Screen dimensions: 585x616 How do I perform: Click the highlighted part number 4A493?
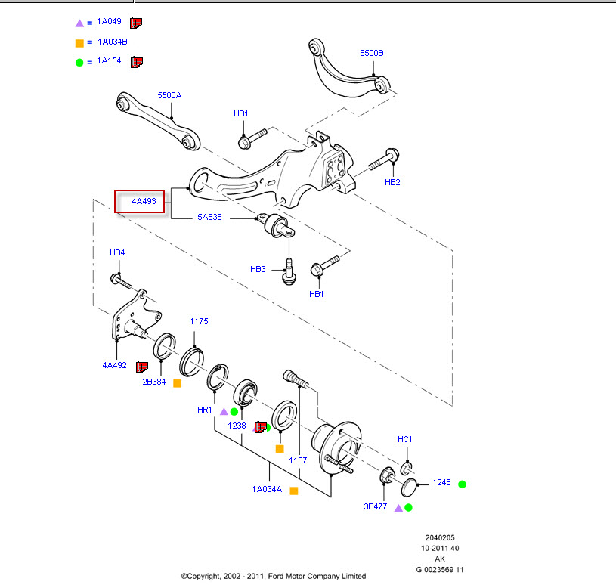pos(144,202)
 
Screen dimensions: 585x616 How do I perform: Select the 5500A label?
pos(169,96)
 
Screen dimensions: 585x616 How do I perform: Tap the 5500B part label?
pos(372,53)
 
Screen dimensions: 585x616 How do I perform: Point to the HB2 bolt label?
pos(392,182)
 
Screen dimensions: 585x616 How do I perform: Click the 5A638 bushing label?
pos(209,218)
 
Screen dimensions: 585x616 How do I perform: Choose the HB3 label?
pos(258,269)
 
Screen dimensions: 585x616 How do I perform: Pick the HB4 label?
pos(117,252)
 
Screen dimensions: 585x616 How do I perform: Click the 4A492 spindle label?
pos(114,365)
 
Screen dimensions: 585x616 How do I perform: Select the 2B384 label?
pos(154,382)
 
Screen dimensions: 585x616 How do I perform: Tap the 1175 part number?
pos(198,321)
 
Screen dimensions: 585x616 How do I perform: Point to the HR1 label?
pos(205,410)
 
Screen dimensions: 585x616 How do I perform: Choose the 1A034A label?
pos(267,490)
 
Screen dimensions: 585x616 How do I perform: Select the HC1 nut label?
pos(405,439)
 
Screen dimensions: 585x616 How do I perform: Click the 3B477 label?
pos(375,506)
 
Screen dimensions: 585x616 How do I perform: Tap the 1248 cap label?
pos(441,482)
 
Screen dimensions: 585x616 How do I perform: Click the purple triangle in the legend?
pos(79,23)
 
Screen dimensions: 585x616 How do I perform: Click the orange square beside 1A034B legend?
pos(79,42)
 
